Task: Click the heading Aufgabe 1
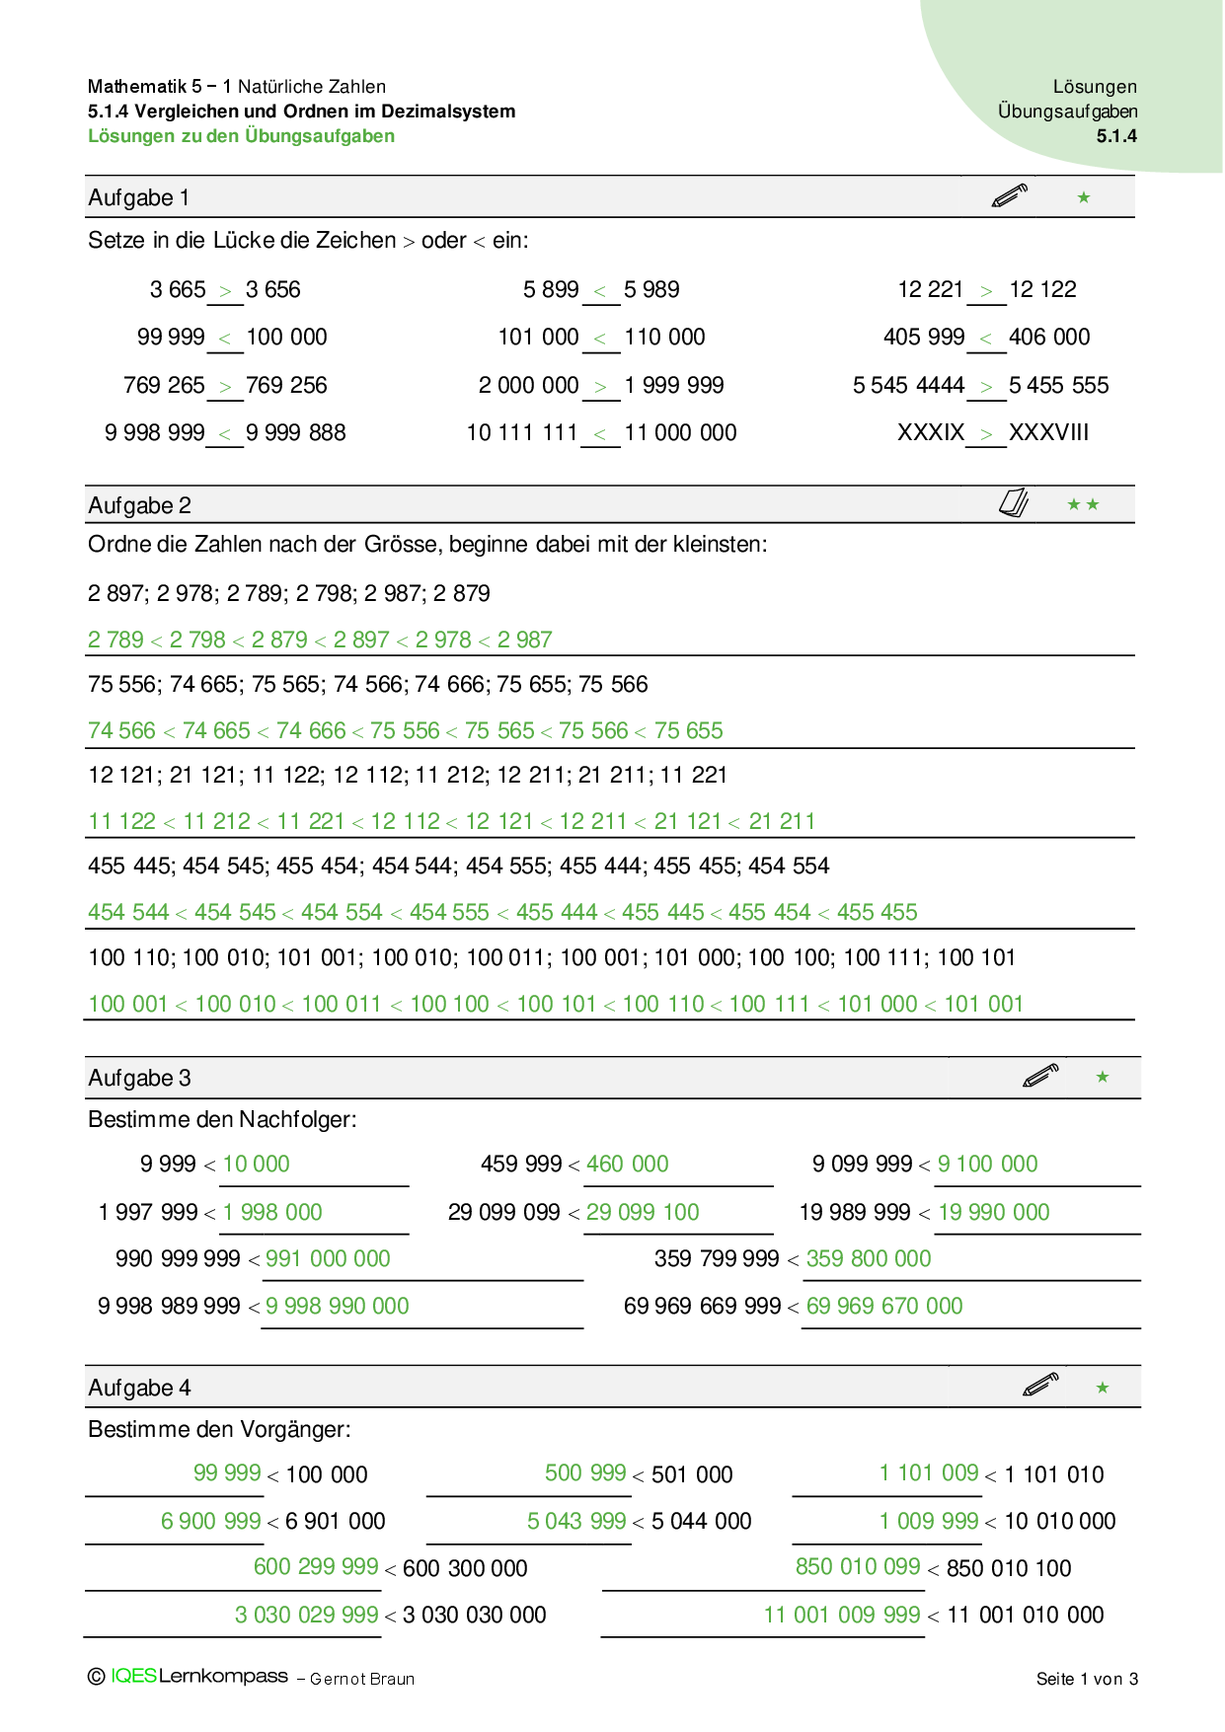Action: coord(138,198)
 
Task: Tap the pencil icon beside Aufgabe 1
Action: coord(1009,195)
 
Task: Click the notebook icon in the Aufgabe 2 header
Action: coord(1014,503)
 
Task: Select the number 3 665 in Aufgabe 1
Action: coord(178,290)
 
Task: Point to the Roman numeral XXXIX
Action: coord(930,432)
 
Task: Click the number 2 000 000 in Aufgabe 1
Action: coord(528,386)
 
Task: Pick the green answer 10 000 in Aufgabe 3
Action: coord(256,1165)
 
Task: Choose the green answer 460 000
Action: coord(627,1165)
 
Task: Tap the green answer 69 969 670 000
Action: coord(883,1307)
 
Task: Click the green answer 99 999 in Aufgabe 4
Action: coord(227,1473)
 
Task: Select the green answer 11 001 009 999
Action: coord(842,1616)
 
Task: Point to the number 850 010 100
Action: coord(1008,1569)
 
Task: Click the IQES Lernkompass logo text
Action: coord(198,1677)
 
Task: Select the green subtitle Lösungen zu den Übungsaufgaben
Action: coord(241,136)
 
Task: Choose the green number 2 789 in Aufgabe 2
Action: coord(115,640)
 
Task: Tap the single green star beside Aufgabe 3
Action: coord(1103,1077)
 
